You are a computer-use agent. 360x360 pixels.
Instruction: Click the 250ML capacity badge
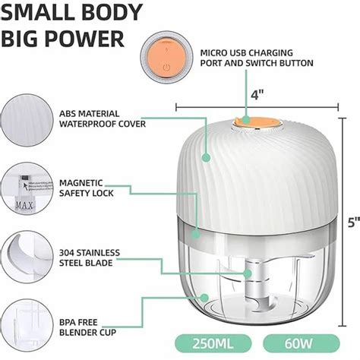213,343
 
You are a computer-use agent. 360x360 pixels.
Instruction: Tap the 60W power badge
302,343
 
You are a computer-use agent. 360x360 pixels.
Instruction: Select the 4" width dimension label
257,95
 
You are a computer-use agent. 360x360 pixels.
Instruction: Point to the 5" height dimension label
354,223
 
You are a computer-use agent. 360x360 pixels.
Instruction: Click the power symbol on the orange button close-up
166,68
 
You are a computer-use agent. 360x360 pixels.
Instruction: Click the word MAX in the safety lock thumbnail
24,205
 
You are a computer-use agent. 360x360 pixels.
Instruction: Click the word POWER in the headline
86,39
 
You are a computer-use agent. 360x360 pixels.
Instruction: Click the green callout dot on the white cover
207,157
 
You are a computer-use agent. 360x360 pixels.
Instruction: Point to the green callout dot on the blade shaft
248,273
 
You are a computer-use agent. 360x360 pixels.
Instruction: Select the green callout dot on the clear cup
204,297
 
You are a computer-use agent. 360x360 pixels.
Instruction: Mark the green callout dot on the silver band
195,234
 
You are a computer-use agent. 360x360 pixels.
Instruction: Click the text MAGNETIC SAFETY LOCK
86,188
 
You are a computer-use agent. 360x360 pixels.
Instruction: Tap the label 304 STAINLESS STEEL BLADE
90,257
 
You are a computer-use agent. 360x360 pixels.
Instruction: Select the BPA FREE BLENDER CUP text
87,327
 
